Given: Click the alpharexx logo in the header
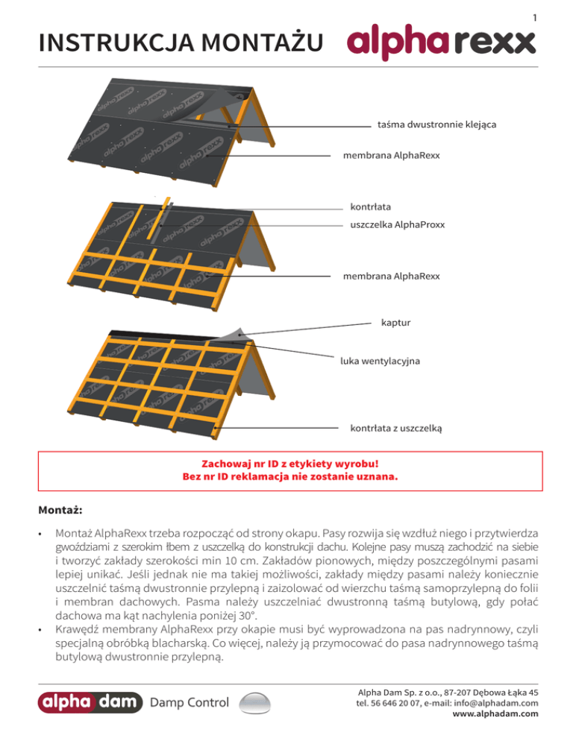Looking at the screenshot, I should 441,42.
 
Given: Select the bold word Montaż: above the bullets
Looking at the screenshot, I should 60,511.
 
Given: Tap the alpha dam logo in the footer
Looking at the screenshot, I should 91,701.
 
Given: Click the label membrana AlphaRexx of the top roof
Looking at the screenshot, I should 391,156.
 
